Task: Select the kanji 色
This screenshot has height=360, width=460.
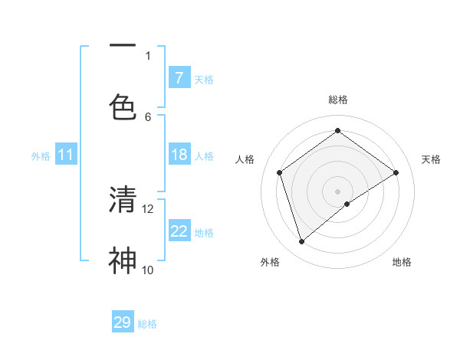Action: point(123,106)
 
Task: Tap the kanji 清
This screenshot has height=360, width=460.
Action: point(123,199)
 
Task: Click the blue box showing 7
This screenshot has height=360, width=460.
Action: point(179,78)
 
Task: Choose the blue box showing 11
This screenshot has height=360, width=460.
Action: point(66,155)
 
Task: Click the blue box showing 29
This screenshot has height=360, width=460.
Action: point(123,322)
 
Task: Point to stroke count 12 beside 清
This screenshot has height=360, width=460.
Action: point(148,208)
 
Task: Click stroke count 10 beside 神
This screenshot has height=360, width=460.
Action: point(148,270)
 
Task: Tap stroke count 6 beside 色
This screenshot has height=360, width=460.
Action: point(148,116)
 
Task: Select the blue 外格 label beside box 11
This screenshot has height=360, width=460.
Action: point(41,156)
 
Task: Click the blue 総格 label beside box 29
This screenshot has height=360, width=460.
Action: point(147,324)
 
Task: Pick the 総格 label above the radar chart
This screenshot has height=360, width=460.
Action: point(338,100)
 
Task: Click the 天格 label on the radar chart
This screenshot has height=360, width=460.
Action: point(431,159)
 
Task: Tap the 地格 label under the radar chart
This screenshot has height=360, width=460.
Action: point(402,262)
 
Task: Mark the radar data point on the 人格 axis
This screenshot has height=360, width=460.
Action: point(280,172)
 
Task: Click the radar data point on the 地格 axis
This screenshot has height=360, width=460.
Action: point(347,204)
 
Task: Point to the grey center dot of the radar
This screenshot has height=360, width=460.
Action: point(338,191)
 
